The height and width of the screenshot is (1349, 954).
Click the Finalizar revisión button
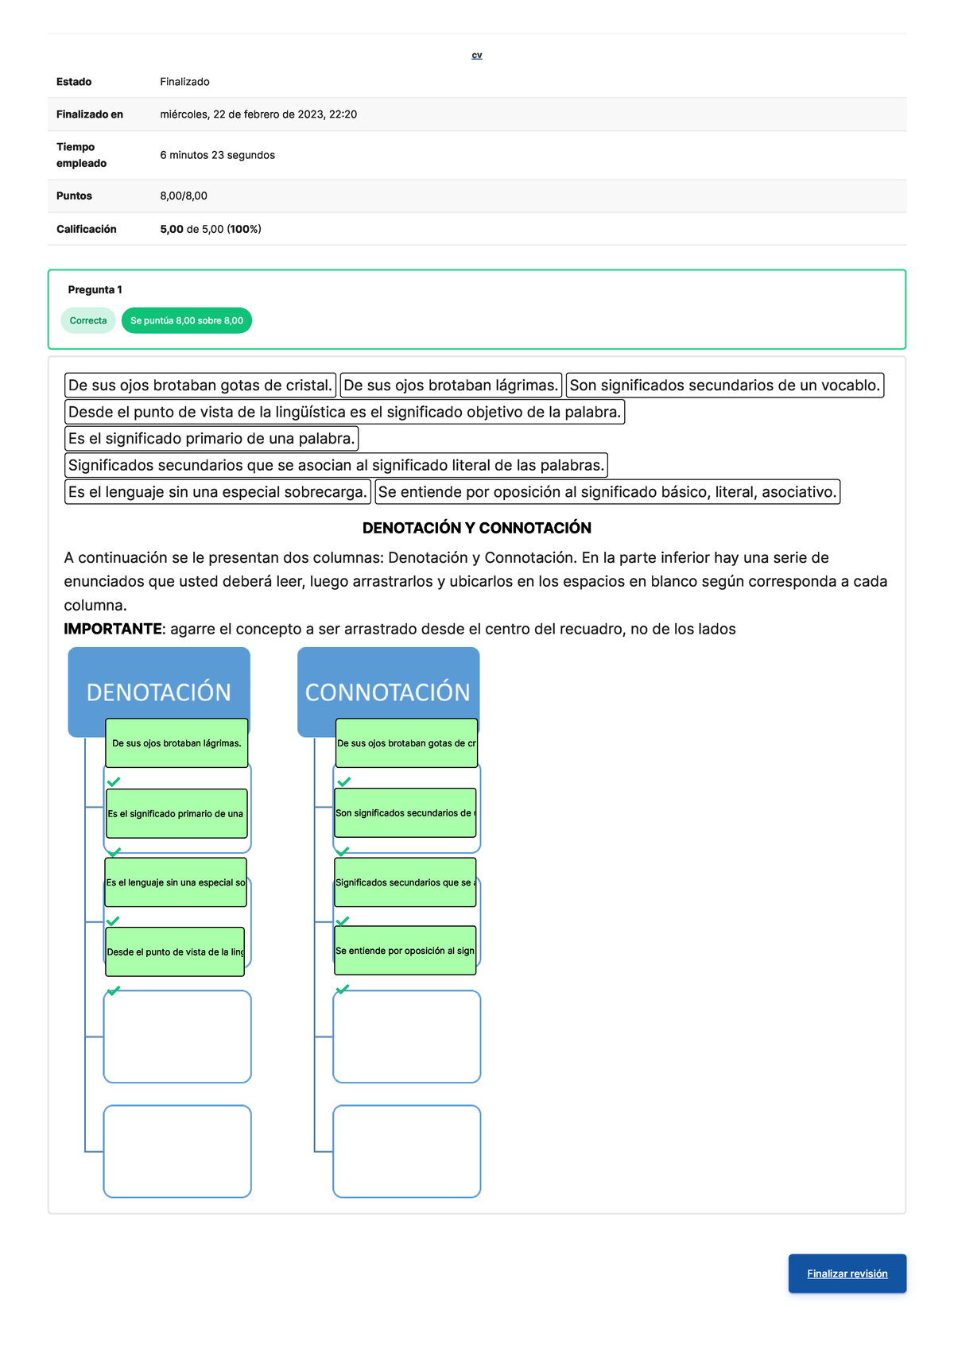click(847, 1273)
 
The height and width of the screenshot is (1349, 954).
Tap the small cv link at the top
click(477, 56)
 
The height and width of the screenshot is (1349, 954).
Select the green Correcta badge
click(88, 320)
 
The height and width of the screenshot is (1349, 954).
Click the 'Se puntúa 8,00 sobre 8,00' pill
click(187, 320)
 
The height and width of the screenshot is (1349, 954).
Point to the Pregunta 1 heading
click(95, 289)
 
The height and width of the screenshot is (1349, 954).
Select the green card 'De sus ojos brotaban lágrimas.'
click(176, 743)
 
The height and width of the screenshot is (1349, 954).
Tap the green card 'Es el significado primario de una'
click(176, 813)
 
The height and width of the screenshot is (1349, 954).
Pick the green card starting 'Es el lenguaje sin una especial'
click(176, 882)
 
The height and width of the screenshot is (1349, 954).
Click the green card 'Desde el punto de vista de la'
click(175, 952)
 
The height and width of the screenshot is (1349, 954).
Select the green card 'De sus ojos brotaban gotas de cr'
click(406, 743)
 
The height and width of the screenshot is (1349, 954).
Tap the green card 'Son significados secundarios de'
click(405, 812)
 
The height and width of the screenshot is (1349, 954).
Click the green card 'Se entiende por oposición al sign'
click(405, 951)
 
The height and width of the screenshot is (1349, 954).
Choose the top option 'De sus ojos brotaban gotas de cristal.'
click(200, 386)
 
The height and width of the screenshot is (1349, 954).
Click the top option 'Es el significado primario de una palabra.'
click(211, 439)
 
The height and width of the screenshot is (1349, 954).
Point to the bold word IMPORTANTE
click(113, 630)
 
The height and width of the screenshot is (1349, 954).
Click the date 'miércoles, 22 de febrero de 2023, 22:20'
click(258, 114)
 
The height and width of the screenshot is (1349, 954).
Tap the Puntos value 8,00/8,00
click(184, 196)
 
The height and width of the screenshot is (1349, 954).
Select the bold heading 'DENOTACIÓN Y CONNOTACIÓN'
click(477, 528)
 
